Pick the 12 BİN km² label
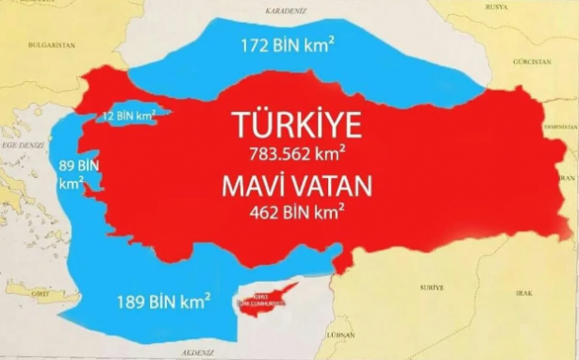click(129, 117)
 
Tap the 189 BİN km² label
click(163, 304)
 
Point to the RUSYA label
click(494, 5)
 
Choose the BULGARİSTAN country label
click(53, 44)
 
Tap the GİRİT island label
click(41, 295)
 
